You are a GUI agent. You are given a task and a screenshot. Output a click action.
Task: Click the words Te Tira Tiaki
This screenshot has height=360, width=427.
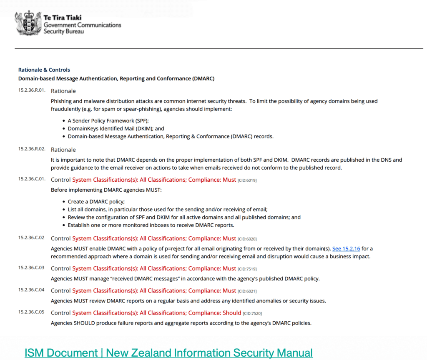(63, 18)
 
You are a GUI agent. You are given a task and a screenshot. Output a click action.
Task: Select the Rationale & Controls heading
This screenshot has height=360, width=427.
(44, 70)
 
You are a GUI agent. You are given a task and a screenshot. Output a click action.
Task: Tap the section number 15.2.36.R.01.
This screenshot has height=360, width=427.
(32, 90)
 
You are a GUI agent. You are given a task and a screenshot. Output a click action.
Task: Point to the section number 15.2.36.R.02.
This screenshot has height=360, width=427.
(32, 149)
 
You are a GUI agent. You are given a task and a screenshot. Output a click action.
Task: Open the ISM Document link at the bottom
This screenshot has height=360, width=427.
(168, 352)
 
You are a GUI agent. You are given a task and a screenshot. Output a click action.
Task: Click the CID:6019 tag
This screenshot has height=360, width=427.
(247, 180)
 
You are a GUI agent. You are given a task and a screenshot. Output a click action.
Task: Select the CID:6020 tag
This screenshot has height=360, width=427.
(247, 239)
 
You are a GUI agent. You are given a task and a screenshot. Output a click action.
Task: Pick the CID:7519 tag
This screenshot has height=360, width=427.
(247, 269)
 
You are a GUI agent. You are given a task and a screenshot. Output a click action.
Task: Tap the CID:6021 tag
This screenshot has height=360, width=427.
(247, 291)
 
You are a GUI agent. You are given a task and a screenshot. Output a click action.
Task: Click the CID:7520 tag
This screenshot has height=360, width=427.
(252, 313)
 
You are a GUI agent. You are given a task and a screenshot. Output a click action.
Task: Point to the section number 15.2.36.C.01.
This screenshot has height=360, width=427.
(32, 179)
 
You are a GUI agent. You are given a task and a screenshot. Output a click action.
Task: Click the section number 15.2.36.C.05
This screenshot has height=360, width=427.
(31, 312)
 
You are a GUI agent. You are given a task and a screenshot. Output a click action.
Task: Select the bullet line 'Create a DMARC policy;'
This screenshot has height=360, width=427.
(90, 201)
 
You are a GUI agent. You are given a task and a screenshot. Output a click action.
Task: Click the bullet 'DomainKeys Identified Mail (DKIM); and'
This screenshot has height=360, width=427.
(116, 129)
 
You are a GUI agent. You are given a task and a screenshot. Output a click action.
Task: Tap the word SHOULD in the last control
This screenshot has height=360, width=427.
(84, 323)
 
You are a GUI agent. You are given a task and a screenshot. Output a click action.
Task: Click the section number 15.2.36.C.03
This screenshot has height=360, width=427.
(31, 267)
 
